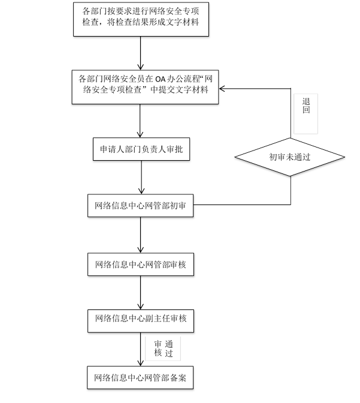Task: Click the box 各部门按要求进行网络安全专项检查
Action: tap(141, 19)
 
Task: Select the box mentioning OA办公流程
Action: tap(145, 87)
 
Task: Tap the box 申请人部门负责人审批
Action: tap(141, 149)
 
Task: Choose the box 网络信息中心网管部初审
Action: tap(140, 206)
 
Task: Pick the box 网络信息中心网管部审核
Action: tap(141, 264)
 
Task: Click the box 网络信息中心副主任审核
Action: tap(141, 321)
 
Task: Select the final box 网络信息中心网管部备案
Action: tap(140, 378)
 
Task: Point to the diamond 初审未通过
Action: tap(290, 157)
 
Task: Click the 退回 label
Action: tap(306, 106)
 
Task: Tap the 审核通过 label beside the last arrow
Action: tap(164, 348)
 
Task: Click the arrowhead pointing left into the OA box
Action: tap(222, 89)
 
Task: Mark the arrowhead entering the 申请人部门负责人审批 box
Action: tap(140, 134)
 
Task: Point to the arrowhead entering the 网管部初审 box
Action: tap(141, 191)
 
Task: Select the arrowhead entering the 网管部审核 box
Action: tap(140, 250)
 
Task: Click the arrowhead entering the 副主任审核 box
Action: tap(140, 306)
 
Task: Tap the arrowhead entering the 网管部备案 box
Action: tap(140, 363)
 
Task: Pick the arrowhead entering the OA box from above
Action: tap(140, 67)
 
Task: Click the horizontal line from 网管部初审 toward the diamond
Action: tap(242, 205)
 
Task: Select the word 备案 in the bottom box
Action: tap(178, 378)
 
